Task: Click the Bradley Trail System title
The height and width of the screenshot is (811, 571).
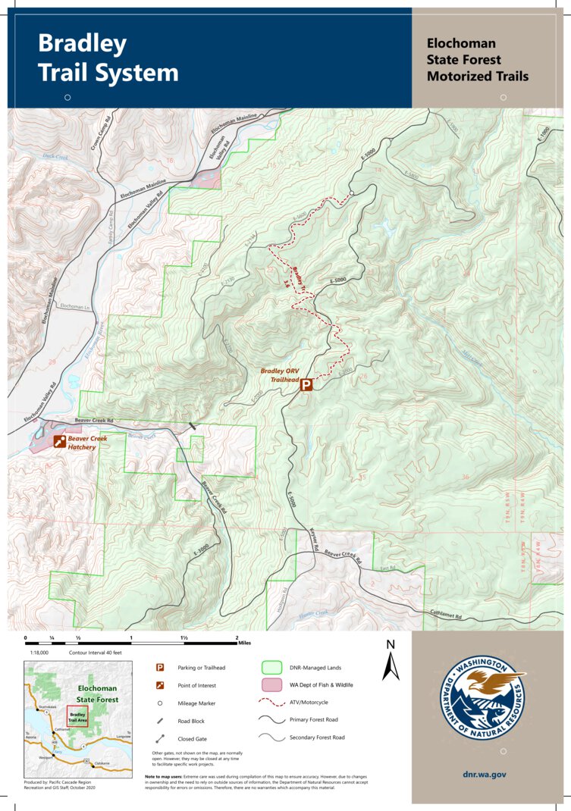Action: tap(108, 58)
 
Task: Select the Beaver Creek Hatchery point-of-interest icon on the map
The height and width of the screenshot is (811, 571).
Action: tap(58, 442)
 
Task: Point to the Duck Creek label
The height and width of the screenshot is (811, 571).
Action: tap(55, 156)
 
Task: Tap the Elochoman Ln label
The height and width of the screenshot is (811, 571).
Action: tap(74, 305)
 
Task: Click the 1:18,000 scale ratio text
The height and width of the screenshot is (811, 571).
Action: tap(39, 652)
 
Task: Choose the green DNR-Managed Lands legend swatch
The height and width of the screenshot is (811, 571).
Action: tap(271, 668)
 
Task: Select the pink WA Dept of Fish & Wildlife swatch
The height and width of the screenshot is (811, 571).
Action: tap(271, 685)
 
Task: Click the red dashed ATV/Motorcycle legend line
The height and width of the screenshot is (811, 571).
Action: tap(271, 703)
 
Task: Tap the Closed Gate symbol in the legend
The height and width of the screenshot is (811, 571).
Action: tap(160, 738)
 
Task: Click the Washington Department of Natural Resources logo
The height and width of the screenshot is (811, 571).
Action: tap(483, 696)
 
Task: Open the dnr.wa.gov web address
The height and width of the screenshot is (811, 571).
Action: tap(484, 775)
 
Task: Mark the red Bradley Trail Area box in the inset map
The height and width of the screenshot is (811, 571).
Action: tap(77, 715)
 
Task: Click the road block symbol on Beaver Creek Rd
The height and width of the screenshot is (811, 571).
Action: tap(193, 427)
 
